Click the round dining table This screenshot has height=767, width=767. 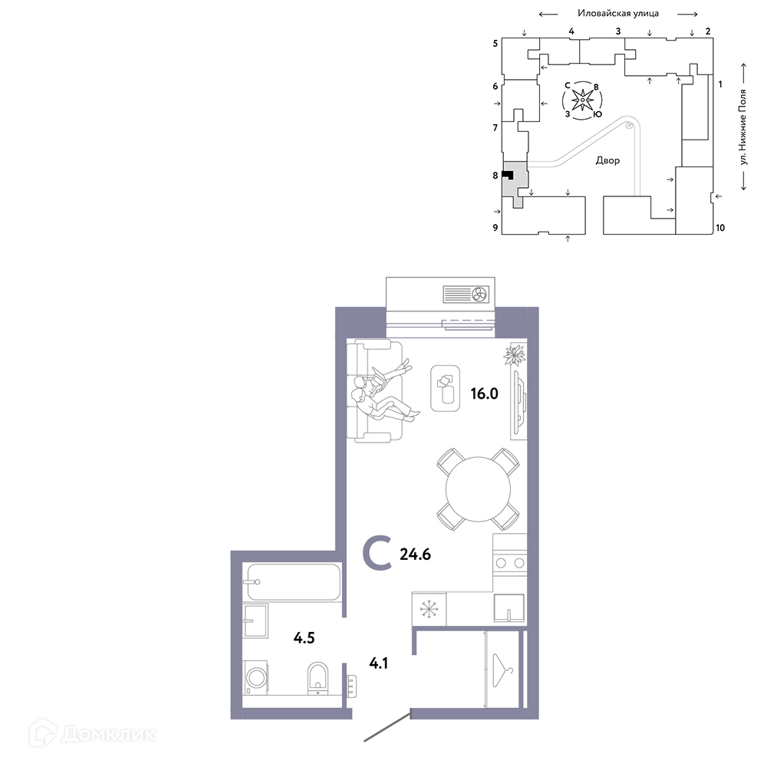tap(478, 489)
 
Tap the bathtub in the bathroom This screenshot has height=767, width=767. tap(294, 582)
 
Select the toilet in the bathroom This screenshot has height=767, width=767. tap(318, 678)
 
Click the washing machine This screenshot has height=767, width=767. tap(255, 677)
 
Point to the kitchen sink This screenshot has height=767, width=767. tap(509, 608)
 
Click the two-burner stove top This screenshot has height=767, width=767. tap(510, 563)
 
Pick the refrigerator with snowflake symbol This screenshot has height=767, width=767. tap(429, 609)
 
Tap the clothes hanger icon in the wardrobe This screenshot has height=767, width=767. tap(502, 669)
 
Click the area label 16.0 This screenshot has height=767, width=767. tap(484, 393)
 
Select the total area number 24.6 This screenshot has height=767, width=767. tap(415, 555)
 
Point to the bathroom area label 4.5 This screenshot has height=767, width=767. tap(304, 638)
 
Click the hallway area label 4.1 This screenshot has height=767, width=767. tap(379, 663)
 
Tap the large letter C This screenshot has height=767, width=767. tap(377, 553)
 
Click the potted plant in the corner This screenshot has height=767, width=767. tap(515, 354)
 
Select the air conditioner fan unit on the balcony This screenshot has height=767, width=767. tap(466, 295)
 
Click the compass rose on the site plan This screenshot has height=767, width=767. tap(582, 100)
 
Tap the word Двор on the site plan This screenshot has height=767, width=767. tap(607, 160)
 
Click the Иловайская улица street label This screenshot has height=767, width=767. tap(618, 13)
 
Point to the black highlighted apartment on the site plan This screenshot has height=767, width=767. tap(508, 175)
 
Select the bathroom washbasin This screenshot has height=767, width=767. tap(255, 621)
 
